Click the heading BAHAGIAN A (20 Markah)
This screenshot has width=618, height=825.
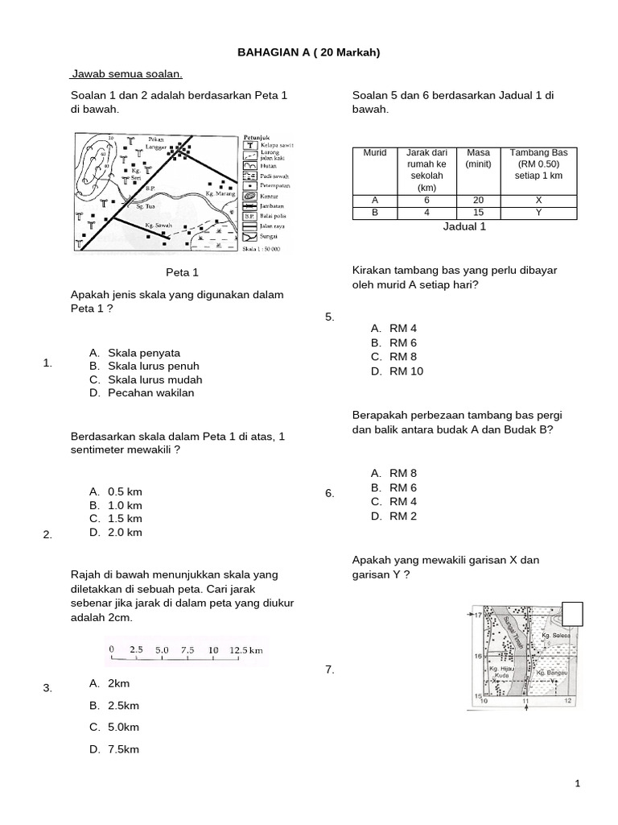(x=308, y=52)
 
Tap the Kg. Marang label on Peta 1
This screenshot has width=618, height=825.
(x=220, y=193)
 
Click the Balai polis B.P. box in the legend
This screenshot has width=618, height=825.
(x=249, y=216)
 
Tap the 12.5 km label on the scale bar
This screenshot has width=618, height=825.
(x=245, y=649)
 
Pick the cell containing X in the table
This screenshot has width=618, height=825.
(x=538, y=201)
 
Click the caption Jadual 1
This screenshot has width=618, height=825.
(x=464, y=227)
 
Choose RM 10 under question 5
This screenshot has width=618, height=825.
(x=406, y=371)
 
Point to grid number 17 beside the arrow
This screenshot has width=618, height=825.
(x=476, y=616)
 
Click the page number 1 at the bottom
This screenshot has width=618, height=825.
(x=600, y=783)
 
